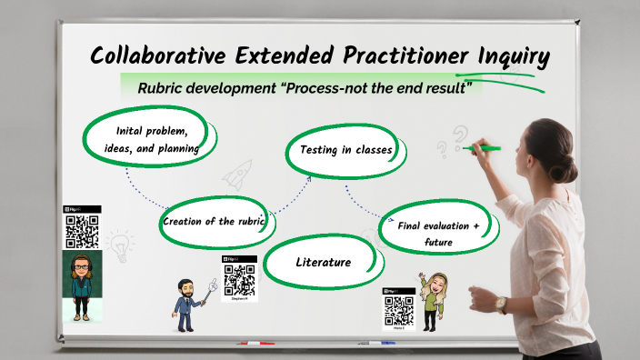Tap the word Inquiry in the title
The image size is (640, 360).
(514, 55)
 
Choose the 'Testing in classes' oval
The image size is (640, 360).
(340, 150)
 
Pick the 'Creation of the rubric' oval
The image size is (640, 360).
(216, 222)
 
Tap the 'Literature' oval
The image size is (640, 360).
(323, 262)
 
